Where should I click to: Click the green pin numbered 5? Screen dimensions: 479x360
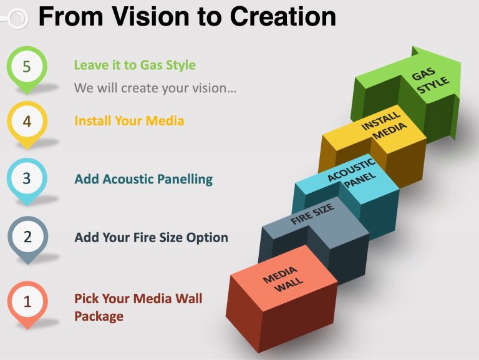[x=27, y=68]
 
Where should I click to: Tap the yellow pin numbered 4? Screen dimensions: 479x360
[x=27, y=123]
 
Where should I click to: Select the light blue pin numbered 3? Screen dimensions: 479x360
[x=27, y=180]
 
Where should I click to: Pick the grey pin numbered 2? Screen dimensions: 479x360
[x=27, y=238]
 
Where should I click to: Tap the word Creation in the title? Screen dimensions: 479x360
[x=283, y=16]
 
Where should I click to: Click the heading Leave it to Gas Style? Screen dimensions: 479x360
[x=135, y=65]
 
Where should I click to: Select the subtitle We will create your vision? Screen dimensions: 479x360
[x=155, y=88]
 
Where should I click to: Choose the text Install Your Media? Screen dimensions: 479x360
[x=129, y=120]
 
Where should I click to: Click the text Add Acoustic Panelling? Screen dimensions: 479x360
[x=143, y=180]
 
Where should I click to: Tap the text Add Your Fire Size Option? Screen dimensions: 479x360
[x=151, y=238]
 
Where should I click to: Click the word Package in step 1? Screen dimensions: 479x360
[x=99, y=316]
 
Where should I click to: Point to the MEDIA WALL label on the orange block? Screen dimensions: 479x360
[x=283, y=279]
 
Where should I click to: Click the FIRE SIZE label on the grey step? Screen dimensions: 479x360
[x=312, y=214]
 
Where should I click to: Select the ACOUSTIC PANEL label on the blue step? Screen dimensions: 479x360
[x=352, y=173]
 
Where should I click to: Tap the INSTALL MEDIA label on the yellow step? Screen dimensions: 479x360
[x=384, y=125]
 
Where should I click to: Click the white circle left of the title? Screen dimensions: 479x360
[x=18, y=19]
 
